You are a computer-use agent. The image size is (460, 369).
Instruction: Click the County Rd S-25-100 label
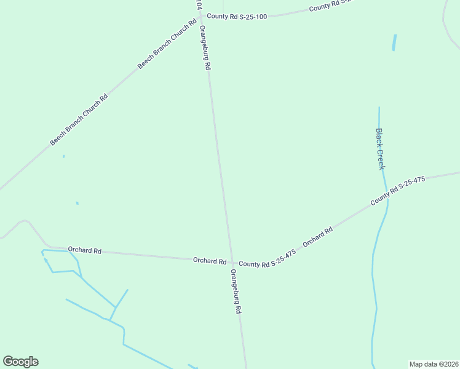click(x=237, y=17)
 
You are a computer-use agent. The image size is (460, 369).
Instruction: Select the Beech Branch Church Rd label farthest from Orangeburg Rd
click(x=79, y=119)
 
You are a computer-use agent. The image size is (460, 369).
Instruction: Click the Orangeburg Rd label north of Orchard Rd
click(x=205, y=48)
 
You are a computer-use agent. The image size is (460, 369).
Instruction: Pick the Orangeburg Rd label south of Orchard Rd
click(x=236, y=292)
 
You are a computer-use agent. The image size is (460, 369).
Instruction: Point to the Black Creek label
click(x=381, y=149)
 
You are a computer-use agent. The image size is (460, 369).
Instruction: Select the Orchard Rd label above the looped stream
click(x=85, y=250)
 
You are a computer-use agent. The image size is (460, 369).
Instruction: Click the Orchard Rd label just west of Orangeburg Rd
click(x=210, y=261)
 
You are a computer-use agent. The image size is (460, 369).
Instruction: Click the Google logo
click(x=20, y=362)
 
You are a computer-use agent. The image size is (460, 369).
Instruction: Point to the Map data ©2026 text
click(x=434, y=364)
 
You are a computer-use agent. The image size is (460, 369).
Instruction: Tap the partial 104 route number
click(x=198, y=4)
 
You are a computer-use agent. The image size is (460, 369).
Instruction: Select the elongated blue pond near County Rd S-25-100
click(x=394, y=42)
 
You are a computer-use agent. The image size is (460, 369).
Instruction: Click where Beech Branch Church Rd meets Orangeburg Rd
click(x=200, y=17)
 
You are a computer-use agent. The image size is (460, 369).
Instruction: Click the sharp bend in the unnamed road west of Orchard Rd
click(x=25, y=221)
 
